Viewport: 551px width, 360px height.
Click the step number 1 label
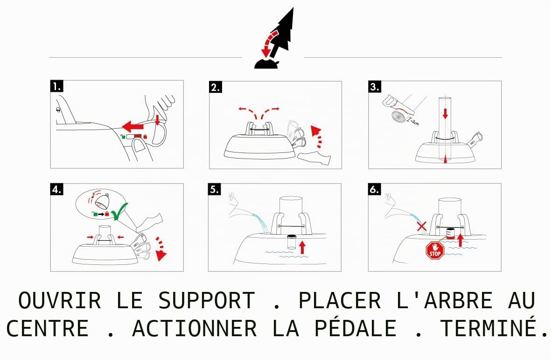(57, 86)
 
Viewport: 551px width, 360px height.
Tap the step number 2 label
(216, 87)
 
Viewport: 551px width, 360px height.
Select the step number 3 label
(375, 87)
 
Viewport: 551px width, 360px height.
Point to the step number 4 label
(57, 189)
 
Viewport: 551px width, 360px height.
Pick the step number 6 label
(375, 189)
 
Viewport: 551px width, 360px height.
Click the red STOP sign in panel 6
(435, 250)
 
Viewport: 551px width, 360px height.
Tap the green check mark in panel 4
(119, 211)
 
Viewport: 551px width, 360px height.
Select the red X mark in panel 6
(422, 226)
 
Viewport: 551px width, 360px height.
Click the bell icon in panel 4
(102, 201)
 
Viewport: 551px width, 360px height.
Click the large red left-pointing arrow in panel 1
(133, 126)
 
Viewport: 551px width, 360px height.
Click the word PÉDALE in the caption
(355, 328)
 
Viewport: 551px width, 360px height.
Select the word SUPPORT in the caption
(207, 301)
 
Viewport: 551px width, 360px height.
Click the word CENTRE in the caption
(48, 328)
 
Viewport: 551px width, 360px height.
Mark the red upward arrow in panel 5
(302, 247)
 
